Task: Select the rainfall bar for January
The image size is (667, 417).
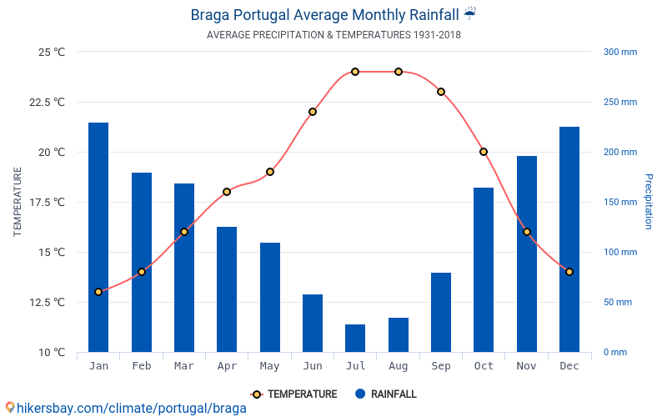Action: (x=98, y=238)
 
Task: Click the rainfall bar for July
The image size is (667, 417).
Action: (x=355, y=338)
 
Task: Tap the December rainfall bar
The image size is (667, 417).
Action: (x=569, y=239)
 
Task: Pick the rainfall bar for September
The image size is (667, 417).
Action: (x=441, y=312)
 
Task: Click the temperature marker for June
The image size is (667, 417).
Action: (x=313, y=112)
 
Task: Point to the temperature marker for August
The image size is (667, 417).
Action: (x=399, y=72)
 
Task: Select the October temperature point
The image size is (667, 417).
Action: (x=484, y=152)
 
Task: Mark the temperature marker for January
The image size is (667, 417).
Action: (x=98, y=292)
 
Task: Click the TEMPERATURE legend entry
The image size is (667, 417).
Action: (x=294, y=394)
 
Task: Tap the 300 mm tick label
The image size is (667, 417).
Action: (x=620, y=52)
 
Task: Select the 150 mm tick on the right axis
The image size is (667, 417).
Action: (x=620, y=202)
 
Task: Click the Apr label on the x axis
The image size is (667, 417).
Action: (x=227, y=366)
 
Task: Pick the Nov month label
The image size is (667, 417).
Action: (x=527, y=366)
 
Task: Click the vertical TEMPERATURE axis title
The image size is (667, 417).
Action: (x=18, y=202)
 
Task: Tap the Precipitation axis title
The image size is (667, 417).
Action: (x=649, y=202)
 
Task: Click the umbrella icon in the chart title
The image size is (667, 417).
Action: (x=470, y=13)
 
